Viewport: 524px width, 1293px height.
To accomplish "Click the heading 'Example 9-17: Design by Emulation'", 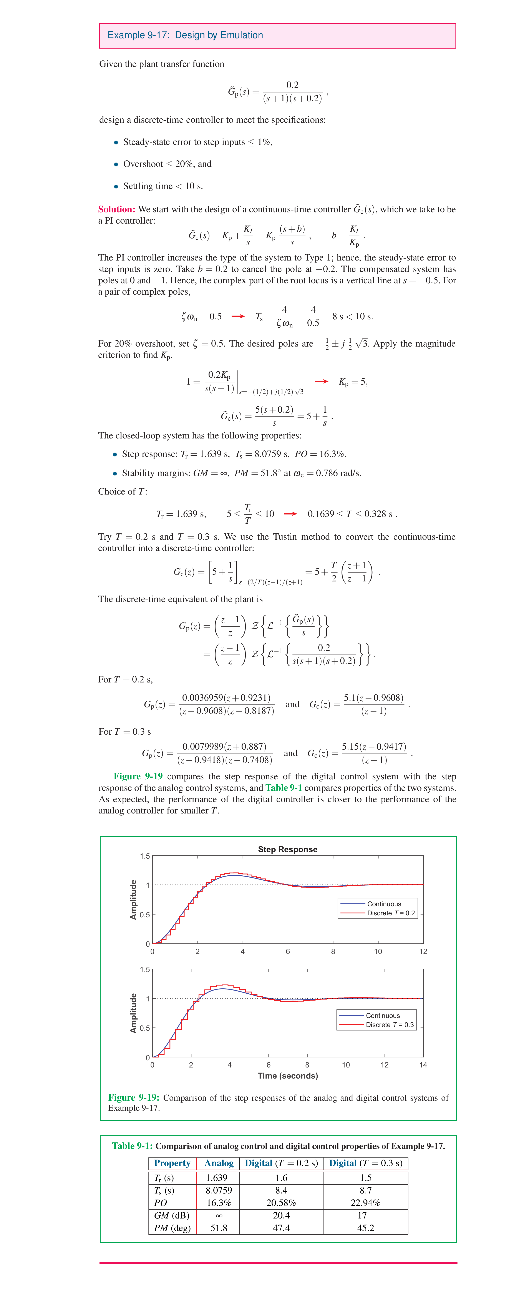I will point(185,35).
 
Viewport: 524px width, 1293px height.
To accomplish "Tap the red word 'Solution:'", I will point(116,209).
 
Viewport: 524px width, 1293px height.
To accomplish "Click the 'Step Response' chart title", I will point(288,849).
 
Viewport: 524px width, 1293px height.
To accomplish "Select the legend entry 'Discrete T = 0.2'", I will point(390,913).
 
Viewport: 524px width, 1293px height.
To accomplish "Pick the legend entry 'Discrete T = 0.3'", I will point(390,1024).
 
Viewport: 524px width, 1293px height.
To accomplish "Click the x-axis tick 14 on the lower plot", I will point(423,1065).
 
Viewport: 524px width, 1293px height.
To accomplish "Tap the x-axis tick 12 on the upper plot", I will point(423,951).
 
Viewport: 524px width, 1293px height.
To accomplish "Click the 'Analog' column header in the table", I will point(219,1163).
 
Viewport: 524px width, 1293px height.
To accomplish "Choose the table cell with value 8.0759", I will point(219,1190).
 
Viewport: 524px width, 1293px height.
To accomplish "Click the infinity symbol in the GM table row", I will point(219,1215).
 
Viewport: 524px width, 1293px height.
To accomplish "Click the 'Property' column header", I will point(172,1163).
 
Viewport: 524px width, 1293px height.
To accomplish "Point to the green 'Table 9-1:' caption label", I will point(133,1146).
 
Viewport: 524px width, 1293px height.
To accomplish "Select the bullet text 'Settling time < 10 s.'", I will point(163,186).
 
